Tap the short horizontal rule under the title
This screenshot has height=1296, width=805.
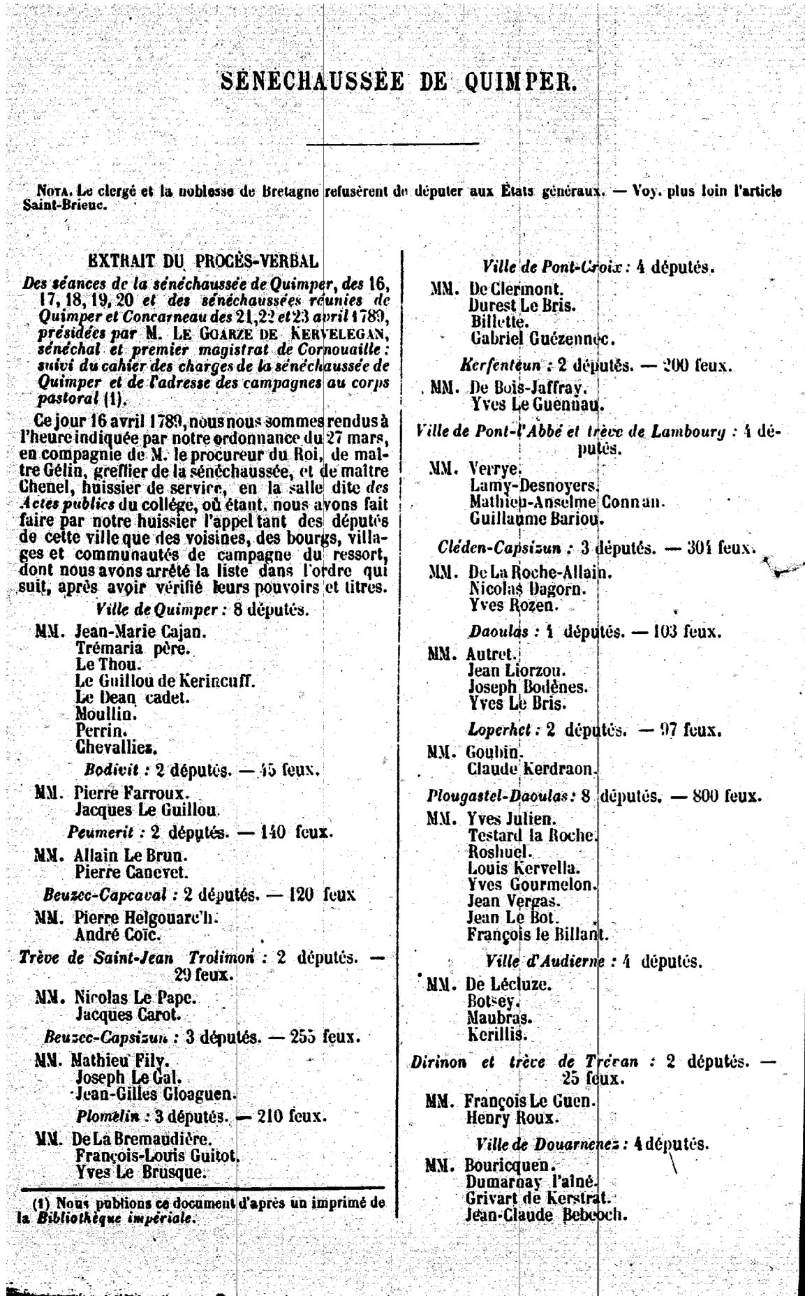pos(392,144)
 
